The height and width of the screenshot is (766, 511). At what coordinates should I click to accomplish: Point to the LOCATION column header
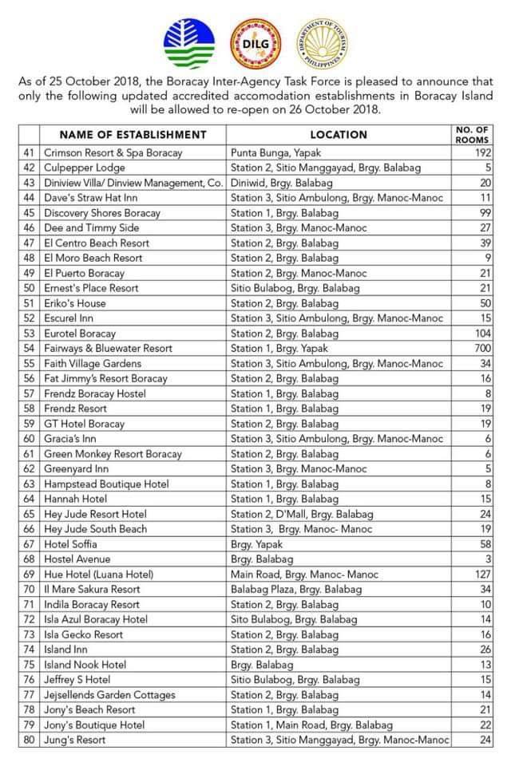click(339, 135)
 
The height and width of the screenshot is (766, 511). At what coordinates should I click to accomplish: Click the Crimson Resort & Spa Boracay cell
click(113, 152)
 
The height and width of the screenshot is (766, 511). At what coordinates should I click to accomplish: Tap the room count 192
click(481, 152)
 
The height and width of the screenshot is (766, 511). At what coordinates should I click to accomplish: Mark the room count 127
click(481, 574)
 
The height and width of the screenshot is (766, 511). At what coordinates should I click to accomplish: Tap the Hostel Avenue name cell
click(77, 559)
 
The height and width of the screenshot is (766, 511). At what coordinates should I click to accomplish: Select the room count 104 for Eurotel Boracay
click(481, 334)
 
